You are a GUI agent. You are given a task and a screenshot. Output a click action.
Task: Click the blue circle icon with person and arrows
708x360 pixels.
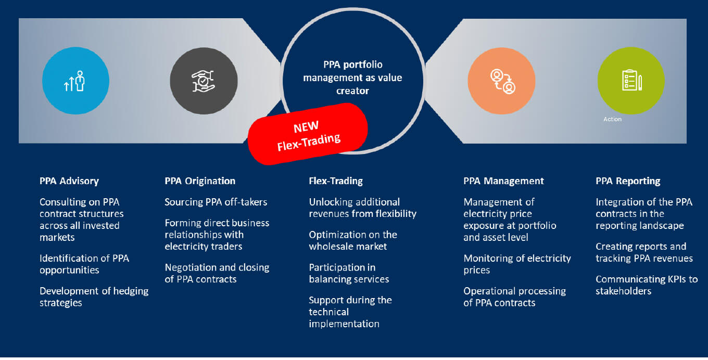coord(75,81)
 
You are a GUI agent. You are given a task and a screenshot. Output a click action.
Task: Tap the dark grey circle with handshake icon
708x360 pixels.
coord(203,81)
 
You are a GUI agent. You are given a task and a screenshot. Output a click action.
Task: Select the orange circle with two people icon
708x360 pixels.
coord(501,81)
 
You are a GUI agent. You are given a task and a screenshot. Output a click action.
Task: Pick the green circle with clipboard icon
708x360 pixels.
coord(630,81)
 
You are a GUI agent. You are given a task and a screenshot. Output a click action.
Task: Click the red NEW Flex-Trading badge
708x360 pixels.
coord(308,134)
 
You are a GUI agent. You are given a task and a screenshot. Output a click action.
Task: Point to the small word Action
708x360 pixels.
coord(612,119)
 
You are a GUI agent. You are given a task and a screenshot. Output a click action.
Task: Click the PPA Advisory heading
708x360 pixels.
coord(69,181)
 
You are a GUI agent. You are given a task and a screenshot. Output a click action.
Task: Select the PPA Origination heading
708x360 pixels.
coord(200,181)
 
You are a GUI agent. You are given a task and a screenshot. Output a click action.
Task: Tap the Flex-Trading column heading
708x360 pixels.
coord(336,181)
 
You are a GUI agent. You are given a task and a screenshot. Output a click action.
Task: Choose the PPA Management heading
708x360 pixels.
coord(503,181)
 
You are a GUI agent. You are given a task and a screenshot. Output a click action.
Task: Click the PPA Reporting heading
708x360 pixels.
coord(628,181)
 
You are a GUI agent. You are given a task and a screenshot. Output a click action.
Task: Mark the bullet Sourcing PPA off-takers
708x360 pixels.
coord(216,202)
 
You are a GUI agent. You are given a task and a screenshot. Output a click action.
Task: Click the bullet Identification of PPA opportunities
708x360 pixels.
coord(84,264)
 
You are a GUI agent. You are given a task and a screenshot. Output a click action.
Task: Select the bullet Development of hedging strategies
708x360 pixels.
coord(94,297)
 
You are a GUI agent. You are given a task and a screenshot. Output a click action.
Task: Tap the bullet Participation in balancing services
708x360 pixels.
coord(349,273)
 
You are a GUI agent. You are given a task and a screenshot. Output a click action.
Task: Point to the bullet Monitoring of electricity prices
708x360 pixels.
coord(517,264)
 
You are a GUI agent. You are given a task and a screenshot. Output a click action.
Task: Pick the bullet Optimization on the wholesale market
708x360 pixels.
coord(353,240)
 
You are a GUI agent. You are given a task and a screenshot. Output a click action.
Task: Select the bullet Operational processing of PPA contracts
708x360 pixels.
coord(514,297)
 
